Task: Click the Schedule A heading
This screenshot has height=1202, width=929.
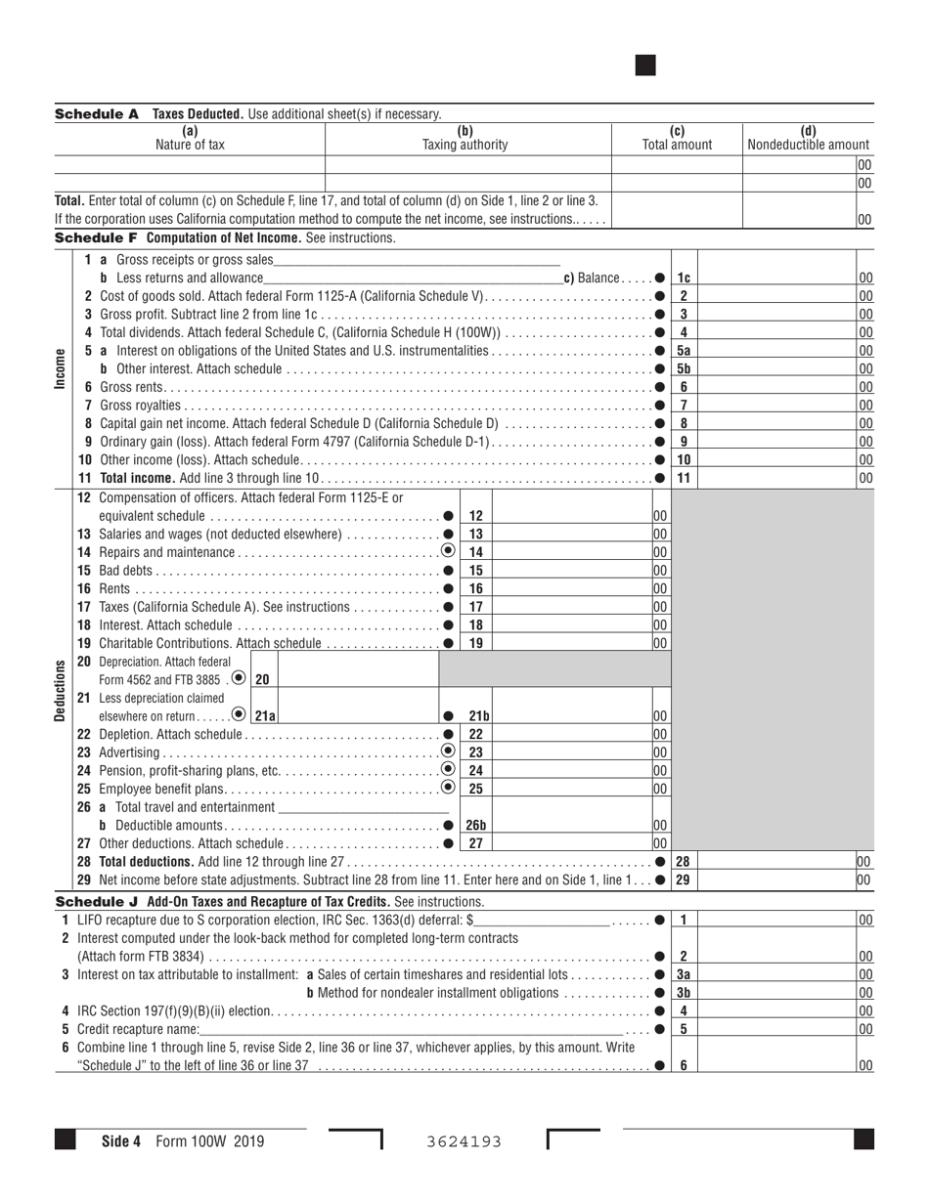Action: point(97,114)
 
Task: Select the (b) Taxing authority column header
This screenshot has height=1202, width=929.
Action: point(464,139)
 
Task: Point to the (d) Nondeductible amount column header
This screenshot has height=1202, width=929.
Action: point(808,139)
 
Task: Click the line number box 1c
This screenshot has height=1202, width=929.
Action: point(684,278)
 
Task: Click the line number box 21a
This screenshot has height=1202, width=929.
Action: point(265,716)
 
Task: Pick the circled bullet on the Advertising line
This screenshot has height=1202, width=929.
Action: point(448,751)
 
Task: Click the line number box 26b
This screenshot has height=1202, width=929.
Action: point(475,826)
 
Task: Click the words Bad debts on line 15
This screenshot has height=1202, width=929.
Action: point(126,571)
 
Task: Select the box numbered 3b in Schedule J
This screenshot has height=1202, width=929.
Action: point(684,993)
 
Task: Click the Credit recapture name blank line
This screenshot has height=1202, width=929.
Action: point(411,1029)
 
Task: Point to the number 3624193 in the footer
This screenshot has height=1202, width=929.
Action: point(464,1141)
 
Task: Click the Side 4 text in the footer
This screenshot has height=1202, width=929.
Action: point(122,1140)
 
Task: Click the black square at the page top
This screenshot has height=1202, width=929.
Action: point(645,65)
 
